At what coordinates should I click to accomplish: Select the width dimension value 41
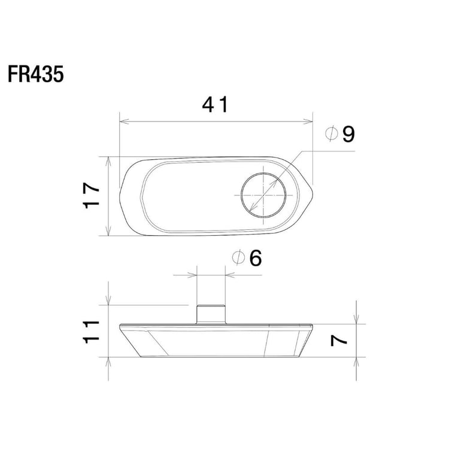point(216,105)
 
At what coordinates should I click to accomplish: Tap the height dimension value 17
point(92,196)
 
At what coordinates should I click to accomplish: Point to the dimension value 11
point(92,330)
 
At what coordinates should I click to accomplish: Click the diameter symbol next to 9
point(332,135)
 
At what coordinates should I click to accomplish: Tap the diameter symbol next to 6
point(238,259)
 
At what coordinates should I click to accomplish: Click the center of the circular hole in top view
point(263,195)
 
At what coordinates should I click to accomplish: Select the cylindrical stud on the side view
point(211,314)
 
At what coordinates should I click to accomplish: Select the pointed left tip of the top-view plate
point(120,196)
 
